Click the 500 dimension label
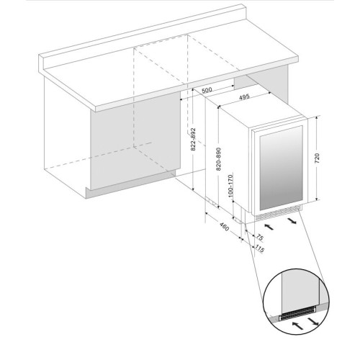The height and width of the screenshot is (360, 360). [x=207, y=90]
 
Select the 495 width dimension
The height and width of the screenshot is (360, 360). [x=244, y=96]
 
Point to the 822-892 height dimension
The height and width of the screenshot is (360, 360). [x=193, y=140]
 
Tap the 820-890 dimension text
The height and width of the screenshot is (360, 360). [x=218, y=159]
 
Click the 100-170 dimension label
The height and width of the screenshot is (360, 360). [x=230, y=186]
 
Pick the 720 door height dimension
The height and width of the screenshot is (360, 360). [x=317, y=158]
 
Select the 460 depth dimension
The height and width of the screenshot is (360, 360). [x=225, y=227]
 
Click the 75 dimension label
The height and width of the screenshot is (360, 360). [x=260, y=238]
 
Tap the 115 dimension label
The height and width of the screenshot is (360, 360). [x=259, y=248]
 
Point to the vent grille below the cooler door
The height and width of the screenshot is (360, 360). [x=278, y=215]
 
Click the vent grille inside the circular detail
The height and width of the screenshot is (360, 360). [x=298, y=314]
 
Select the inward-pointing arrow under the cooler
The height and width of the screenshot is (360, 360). [x=269, y=227]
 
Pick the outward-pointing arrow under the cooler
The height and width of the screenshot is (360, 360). [x=292, y=220]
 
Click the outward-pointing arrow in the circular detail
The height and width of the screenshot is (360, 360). [x=313, y=322]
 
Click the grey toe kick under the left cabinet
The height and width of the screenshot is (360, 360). [x=130, y=184]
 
